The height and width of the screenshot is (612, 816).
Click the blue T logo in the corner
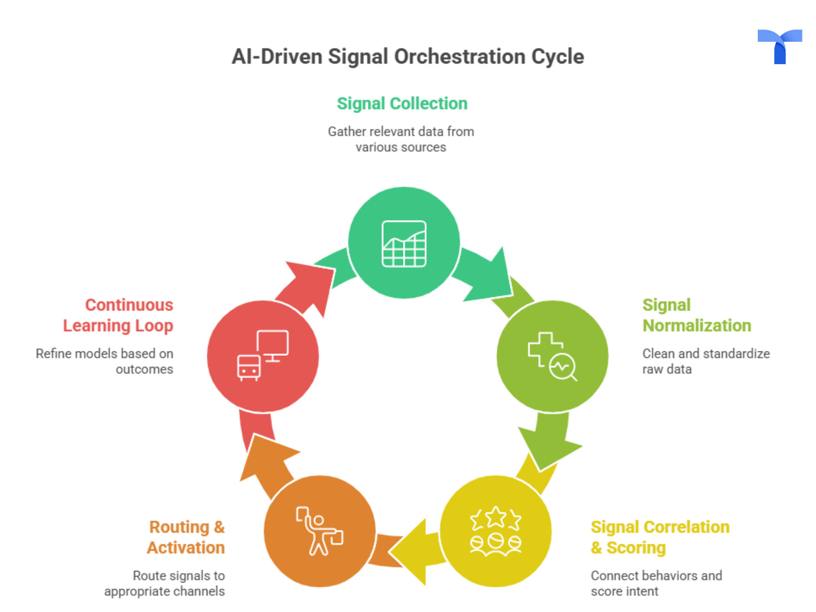[779, 46]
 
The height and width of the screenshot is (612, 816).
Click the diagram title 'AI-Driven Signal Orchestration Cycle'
[408, 57]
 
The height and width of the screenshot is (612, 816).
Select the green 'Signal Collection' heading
[402, 104]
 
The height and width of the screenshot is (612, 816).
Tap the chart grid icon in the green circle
[404, 243]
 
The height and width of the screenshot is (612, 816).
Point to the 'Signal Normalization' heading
[696, 315]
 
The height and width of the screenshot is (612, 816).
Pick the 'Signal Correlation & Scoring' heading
[660, 537]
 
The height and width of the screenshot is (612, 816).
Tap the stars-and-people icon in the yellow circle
[496, 531]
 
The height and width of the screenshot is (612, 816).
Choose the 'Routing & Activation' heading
[186, 537]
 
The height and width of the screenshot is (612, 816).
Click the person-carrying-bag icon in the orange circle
[319, 531]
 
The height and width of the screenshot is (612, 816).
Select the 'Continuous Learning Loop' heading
[118, 315]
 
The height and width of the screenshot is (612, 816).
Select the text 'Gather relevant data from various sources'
[401, 139]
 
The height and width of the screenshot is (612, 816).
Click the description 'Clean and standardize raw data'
[706, 361]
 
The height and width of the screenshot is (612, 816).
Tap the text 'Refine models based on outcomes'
[105, 361]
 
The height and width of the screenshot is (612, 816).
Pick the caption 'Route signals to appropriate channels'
[165, 583]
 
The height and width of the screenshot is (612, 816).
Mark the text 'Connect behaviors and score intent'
[656, 583]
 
